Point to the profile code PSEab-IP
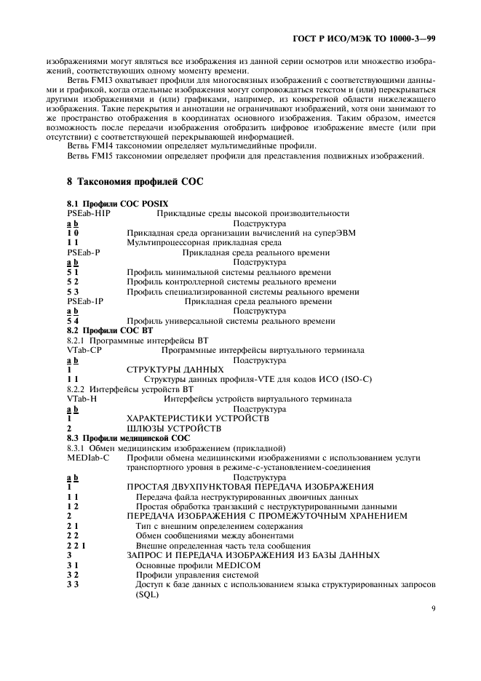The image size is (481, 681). click(85, 301)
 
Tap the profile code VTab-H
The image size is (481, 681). click(82, 399)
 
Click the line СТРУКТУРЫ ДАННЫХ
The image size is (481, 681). click(175, 370)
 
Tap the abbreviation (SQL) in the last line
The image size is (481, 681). click(147, 594)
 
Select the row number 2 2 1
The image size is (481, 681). click(76, 546)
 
